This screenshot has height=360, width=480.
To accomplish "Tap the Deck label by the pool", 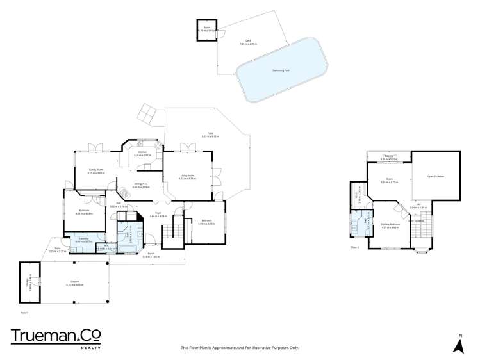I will coord(247,42).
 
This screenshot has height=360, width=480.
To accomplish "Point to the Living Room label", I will coord(186,177).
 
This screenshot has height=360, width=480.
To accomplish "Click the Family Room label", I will coord(96,171).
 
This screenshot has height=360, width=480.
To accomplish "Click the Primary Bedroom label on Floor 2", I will coord(390,225).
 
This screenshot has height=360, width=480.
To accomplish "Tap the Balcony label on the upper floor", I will coord(389,157).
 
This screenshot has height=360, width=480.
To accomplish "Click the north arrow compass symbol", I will coord(458,344).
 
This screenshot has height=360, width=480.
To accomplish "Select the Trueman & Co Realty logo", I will coord(56,338).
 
